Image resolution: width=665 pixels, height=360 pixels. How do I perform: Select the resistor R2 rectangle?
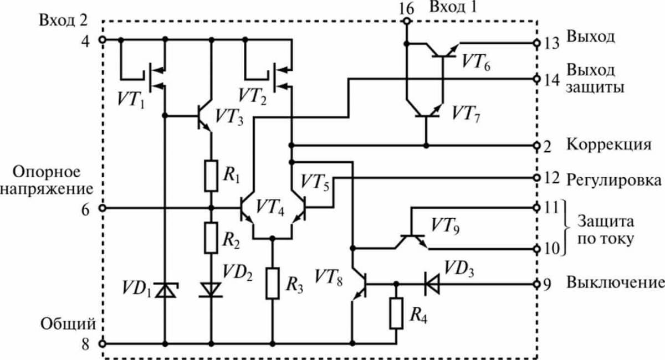pos(211,237)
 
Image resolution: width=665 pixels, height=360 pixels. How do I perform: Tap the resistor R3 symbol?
pos(273,283)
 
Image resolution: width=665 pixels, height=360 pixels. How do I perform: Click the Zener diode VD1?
pos(164,289)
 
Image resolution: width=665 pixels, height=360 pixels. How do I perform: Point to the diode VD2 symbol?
pos(211,289)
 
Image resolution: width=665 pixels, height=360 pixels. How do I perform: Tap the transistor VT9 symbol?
pos(411,240)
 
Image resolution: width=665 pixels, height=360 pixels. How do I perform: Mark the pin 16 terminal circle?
pos(406,22)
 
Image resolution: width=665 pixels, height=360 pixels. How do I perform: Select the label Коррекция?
pos(608,146)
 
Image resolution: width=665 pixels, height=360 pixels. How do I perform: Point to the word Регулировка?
pos(614,181)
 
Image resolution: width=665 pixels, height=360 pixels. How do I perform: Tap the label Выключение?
pos(614,283)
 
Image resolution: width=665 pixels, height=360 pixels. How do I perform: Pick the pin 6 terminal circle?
pos(101,208)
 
